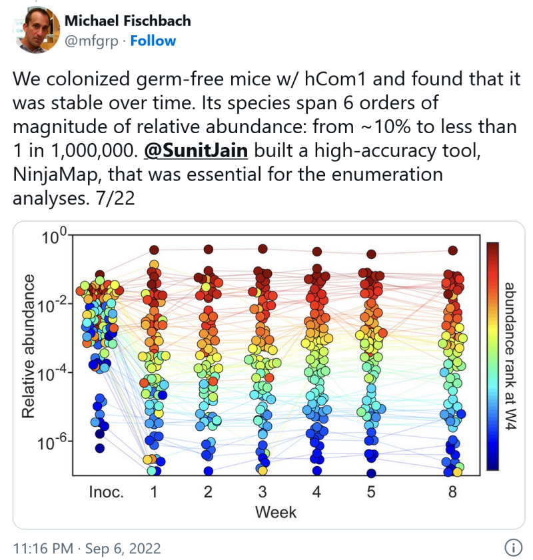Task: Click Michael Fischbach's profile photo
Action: tap(36, 30)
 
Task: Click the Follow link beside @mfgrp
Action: tap(153, 41)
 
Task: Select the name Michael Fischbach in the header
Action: tap(127, 21)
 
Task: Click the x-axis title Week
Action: tap(274, 512)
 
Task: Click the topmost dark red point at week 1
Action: tap(154, 250)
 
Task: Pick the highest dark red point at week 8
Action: tap(453, 250)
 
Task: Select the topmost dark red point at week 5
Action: tap(371, 254)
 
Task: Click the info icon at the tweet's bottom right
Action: tap(512, 548)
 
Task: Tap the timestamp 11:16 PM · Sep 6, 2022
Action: tap(87, 549)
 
